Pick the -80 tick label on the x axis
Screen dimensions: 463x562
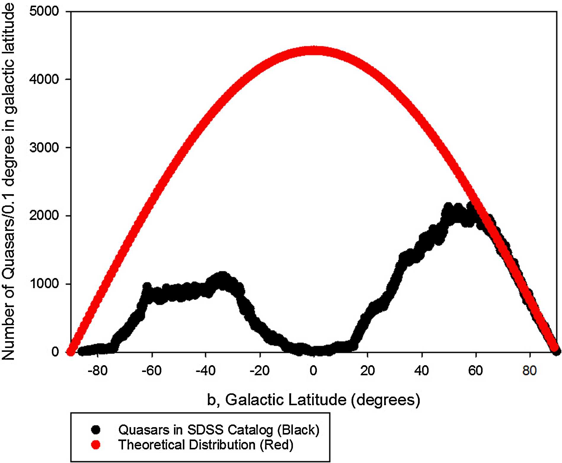98,371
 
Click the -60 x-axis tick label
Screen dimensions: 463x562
152,371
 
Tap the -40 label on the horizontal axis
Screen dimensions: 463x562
206,371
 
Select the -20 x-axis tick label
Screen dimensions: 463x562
260,371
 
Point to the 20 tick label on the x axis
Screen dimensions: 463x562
368,371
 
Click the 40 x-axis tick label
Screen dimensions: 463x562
422,371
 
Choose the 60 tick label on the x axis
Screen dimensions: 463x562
476,371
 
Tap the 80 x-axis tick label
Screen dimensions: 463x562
530,371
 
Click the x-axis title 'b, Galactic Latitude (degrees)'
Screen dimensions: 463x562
314,400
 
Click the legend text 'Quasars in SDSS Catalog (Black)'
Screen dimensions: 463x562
219,429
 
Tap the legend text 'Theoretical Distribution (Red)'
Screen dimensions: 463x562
206,445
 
